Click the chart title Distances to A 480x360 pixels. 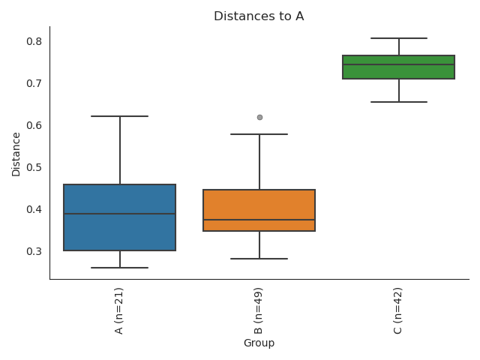[259, 16]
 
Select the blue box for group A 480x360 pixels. [120, 232]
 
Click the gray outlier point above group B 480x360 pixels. [259, 117]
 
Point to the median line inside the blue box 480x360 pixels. [120, 214]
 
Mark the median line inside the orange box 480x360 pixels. [259, 220]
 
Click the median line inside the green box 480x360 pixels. [399, 64]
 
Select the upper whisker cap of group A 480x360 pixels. [120, 116]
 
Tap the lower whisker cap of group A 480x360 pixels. [120, 268]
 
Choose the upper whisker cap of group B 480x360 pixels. [259, 134]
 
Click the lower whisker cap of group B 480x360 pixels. [259, 259]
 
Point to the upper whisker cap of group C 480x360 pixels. [399, 37]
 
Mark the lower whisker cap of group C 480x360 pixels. [399, 102]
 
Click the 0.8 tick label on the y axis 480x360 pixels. [34, 41]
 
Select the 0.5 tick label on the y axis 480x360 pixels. [34, 167]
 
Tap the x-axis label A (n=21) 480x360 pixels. [119, 310]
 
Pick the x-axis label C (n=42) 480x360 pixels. [398, 310]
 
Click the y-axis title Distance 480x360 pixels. [16, 154]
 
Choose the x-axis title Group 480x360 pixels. [259, 343]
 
